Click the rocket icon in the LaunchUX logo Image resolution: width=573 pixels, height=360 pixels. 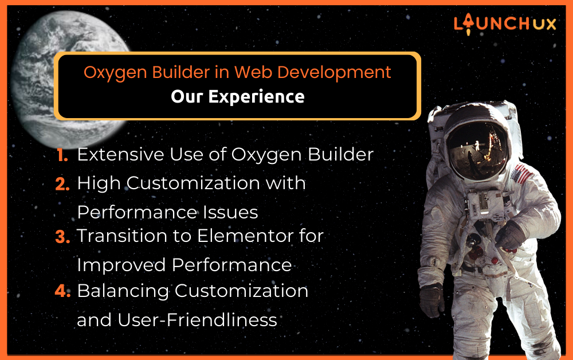[468, 24]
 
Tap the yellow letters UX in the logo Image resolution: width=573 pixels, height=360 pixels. [544, 24]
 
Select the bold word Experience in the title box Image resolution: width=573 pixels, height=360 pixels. [257, 97]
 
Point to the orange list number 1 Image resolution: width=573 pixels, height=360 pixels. [62, 155]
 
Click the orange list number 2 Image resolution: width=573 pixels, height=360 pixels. [62, 184]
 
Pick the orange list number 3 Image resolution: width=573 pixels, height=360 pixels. [62, 237]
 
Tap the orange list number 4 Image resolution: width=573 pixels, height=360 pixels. [62, 291]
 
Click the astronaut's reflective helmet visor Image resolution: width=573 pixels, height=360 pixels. [477, 150]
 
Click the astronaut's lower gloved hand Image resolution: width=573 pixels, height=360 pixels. [431, 301]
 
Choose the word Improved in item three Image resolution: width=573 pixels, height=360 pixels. [121, 265]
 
